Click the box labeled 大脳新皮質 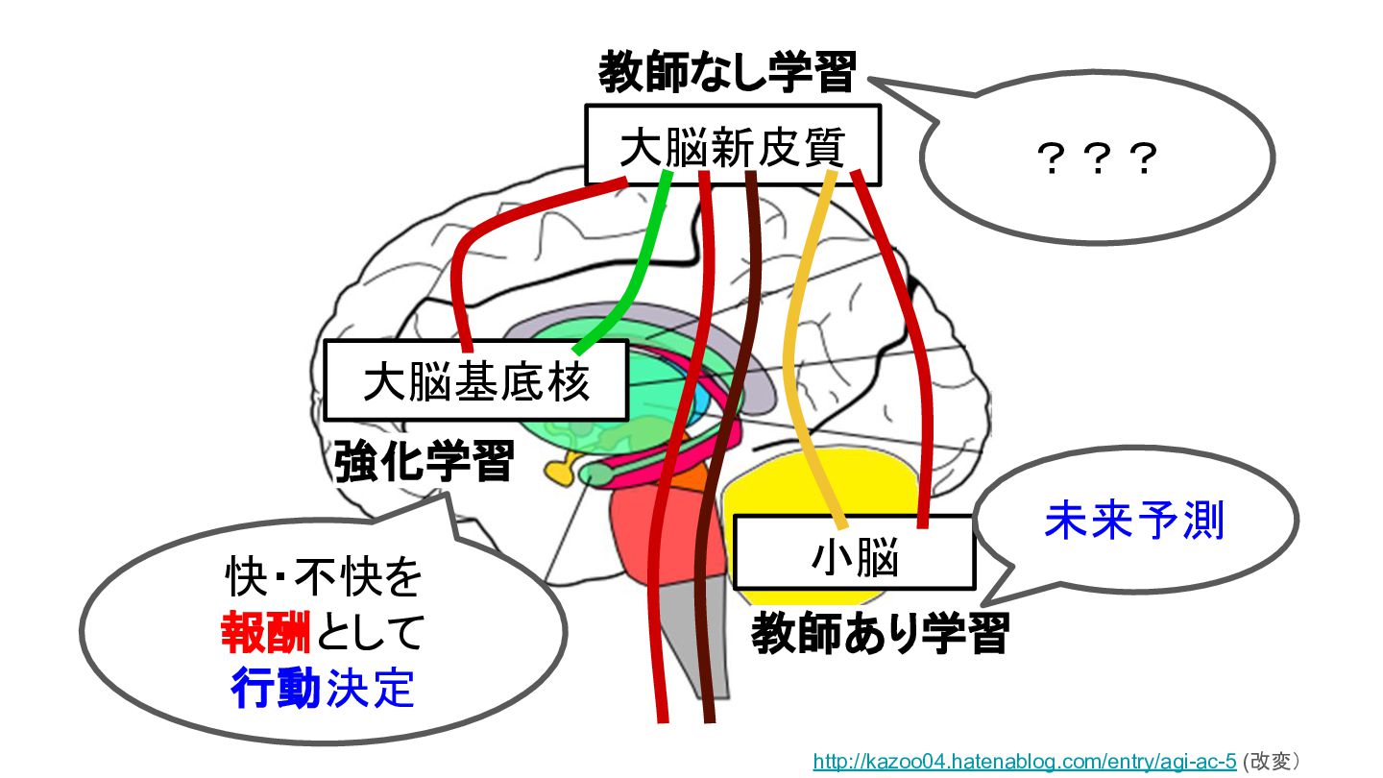(732, 144)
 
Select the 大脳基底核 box (476, 380)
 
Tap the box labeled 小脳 (855, 552)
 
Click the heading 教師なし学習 (727, 72)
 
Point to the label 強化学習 (425, 461)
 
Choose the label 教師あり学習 (881, 633)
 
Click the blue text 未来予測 (1134, 521)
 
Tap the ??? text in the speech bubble (1097, 158)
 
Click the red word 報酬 (265, 632)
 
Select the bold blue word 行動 (276, 688)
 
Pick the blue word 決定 (369, 688)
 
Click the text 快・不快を (324, 577)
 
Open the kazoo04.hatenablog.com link (1024, 761)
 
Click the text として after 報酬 (371, 632)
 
